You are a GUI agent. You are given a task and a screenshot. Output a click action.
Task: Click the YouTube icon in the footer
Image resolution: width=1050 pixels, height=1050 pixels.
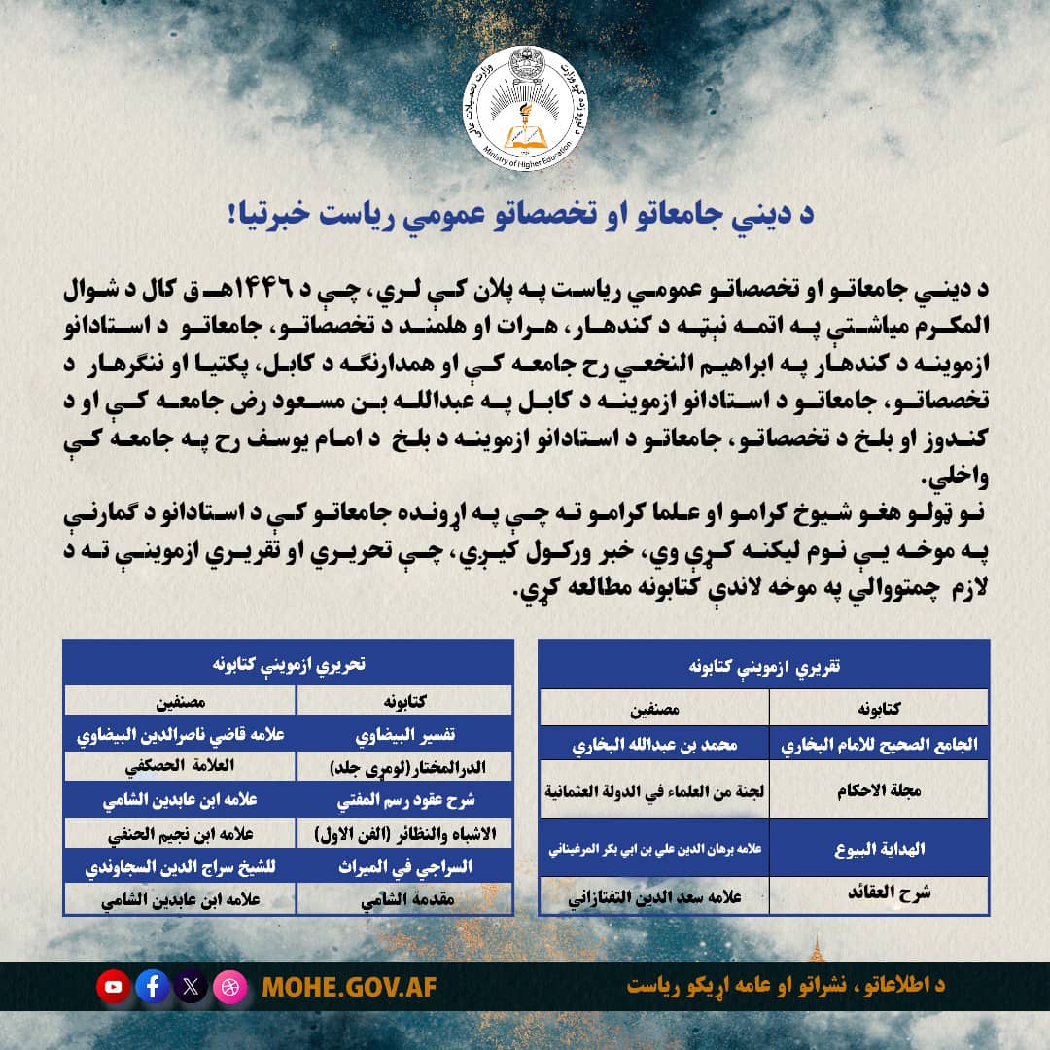coord(114,987)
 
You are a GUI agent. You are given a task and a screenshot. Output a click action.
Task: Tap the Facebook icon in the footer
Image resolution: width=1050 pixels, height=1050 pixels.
coord(153,987)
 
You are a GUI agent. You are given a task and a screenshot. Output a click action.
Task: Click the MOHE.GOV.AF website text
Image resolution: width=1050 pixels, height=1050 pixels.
coord(350,987)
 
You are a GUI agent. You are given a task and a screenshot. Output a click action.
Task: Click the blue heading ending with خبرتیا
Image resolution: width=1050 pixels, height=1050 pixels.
coord(525,216)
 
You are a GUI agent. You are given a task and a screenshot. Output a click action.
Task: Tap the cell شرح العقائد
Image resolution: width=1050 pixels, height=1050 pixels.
coord(881,892)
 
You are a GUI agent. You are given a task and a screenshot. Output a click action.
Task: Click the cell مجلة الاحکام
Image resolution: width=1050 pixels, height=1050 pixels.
coord(881,790)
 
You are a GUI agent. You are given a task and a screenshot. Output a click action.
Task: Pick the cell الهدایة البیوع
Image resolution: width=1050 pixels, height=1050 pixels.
coord(881,847)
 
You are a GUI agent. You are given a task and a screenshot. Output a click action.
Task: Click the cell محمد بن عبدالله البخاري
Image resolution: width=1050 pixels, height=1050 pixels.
coord(653,745)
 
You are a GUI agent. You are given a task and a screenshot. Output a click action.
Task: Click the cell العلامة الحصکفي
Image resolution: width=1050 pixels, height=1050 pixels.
coord(181,765)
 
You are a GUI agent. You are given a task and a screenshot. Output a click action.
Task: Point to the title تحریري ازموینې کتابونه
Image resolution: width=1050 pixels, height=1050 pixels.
coord(289,664)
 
